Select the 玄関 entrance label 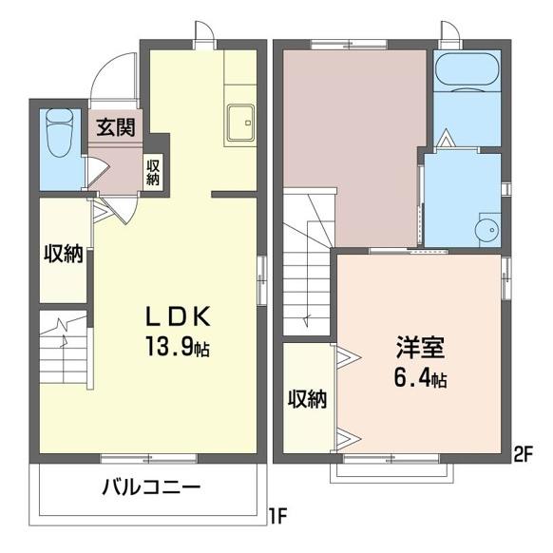tap(114, 127)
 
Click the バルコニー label tap(151, 490)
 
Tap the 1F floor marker tap(276, 518)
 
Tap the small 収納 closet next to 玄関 tap(153, 170)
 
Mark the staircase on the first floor tap(63, 349)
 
